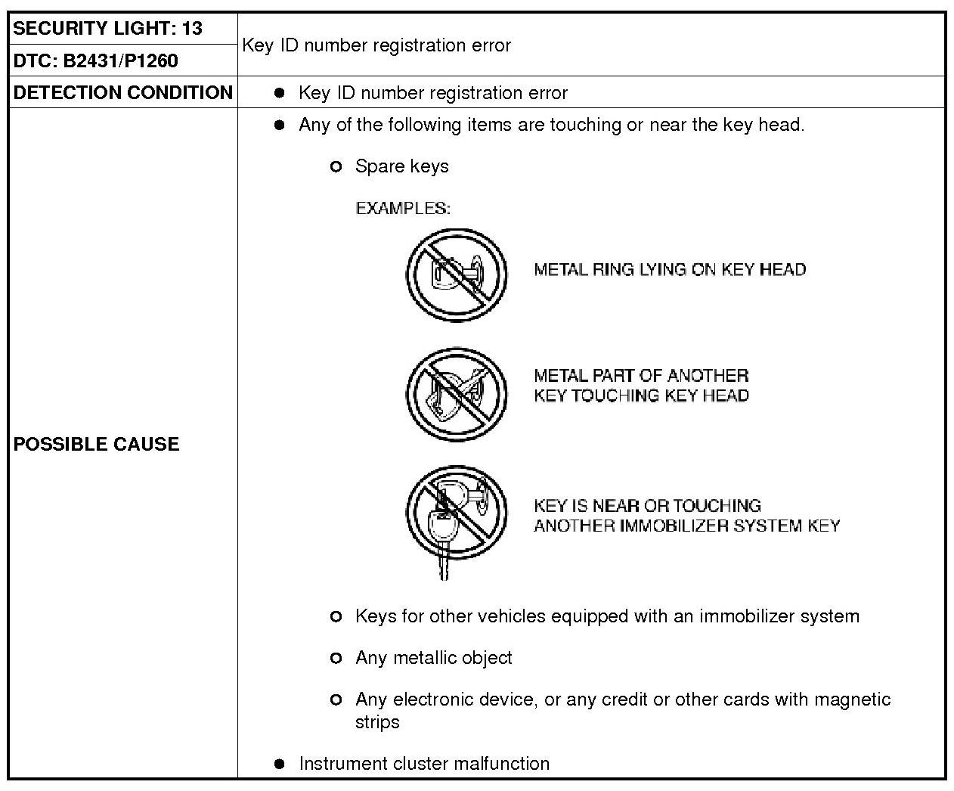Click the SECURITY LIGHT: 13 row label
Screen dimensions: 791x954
click(108, 29)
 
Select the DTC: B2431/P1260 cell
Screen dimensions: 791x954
click(96, 60)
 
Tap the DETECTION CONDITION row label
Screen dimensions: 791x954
click(122, 92)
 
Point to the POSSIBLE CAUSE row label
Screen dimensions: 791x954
click(96, 444)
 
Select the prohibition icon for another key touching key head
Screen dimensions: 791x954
click(457, 394)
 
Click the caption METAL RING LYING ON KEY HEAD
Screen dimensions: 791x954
click(670, 270)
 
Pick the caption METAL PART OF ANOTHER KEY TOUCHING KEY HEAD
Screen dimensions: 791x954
click(641, 386)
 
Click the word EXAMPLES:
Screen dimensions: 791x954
click(403, 208)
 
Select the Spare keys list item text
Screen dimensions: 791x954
click(401, 166)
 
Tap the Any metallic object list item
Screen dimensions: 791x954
click(433, 658)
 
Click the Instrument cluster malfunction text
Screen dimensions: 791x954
click(424, 764)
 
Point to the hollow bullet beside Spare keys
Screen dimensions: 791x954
click(336, 166)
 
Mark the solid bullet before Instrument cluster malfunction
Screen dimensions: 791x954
click(280, 764)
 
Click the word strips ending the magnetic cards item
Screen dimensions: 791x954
click(377, 722)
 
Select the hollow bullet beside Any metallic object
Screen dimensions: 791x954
click(336, 659)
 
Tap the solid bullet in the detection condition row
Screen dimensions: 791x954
click(280, 93)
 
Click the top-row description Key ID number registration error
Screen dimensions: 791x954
click(376, 45)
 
